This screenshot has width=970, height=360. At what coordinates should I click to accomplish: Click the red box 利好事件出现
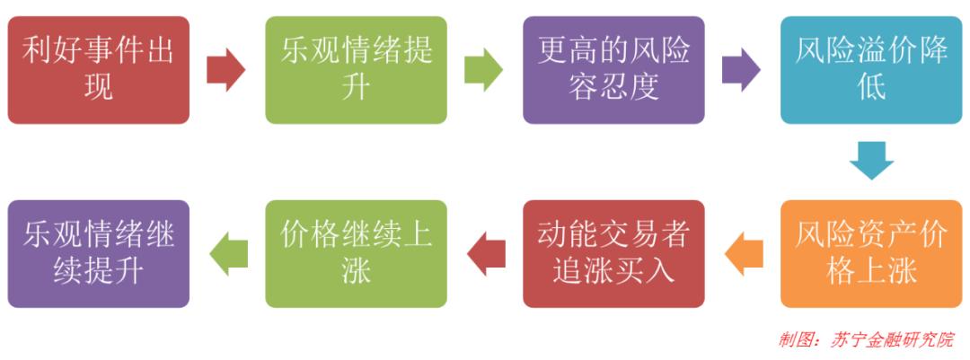99,70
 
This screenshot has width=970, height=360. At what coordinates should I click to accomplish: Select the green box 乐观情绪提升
357,70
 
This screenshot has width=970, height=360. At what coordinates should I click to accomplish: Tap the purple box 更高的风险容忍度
613,70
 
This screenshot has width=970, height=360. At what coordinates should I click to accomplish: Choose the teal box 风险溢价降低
871,70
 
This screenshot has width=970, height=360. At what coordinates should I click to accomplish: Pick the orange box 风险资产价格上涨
871,253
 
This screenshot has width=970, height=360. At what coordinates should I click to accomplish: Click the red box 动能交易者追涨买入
613,253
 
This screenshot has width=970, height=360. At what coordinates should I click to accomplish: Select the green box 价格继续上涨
357,253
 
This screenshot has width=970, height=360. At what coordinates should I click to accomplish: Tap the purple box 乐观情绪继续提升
99,253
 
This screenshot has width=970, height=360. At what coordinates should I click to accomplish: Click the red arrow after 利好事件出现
225,70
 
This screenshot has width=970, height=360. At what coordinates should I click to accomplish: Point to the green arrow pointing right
484,70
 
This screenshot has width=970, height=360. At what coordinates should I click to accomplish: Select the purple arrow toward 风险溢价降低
741,70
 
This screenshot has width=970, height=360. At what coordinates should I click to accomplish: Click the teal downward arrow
871,161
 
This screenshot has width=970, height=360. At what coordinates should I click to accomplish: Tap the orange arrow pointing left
744,253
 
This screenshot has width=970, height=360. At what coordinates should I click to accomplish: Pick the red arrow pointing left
486,253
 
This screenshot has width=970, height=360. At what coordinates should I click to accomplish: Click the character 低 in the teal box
871,87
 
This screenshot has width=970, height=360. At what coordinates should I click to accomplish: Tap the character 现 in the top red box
99,87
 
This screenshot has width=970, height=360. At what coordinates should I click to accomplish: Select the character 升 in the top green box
357,87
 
